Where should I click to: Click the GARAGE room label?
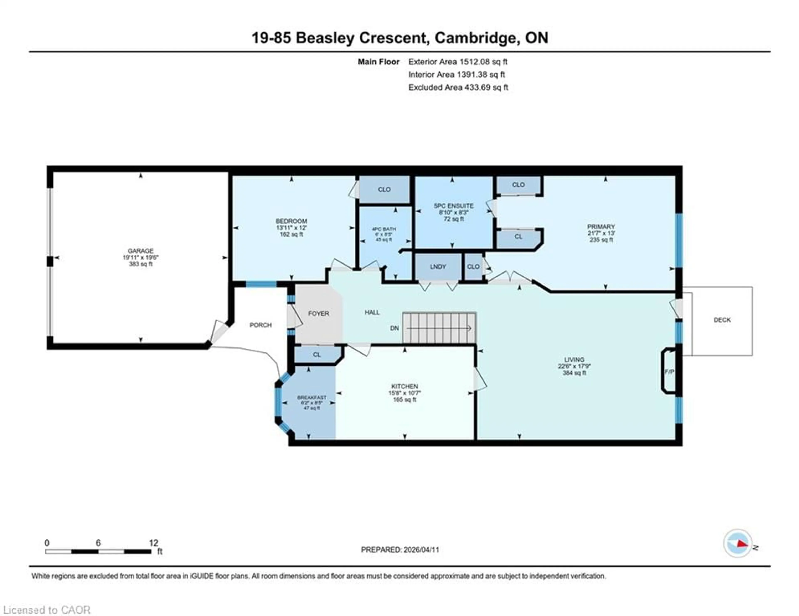point(140,251)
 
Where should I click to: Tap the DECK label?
point(722,320)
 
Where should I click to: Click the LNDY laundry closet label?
point(438,266)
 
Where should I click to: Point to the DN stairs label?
point(394,328)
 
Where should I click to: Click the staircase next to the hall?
point(439,328)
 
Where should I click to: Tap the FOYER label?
point(318,313)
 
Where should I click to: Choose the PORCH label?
point(261,325)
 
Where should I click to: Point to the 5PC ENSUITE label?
point(454,206)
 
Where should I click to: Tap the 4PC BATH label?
point(384,229)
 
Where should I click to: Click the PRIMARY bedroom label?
point(601,227)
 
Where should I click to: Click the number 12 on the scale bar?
point(154,543)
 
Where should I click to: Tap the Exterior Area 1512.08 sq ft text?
point(458,62)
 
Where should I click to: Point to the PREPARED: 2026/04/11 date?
point(400,549)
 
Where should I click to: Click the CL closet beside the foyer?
point(317,354)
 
